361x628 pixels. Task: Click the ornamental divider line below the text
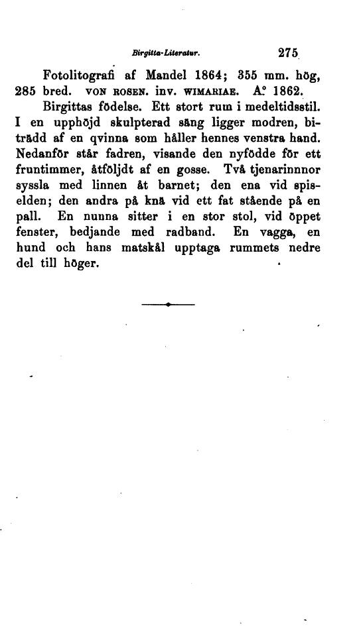169,305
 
